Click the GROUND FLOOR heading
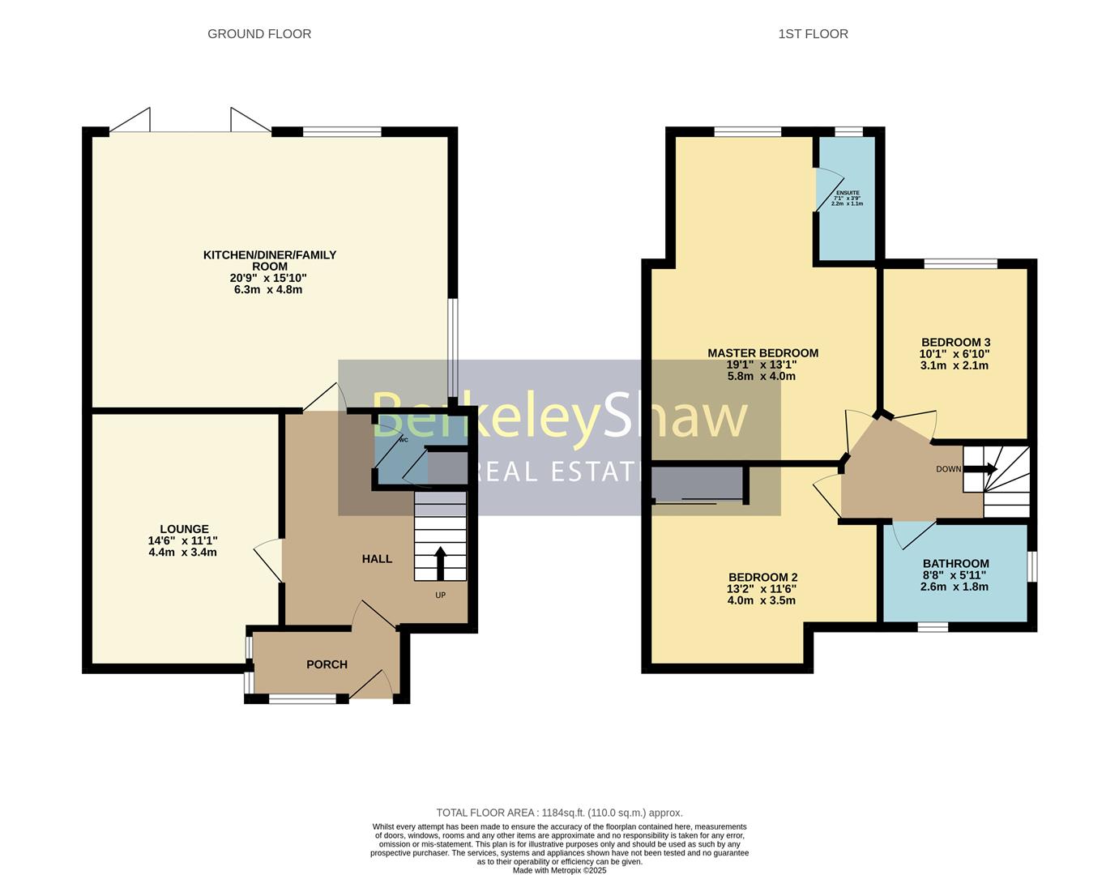259,34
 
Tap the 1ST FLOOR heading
813,34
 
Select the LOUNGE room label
184,529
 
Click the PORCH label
327,664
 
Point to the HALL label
377,559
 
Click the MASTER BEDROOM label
762,353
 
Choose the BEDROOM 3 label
955,343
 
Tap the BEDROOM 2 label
762,578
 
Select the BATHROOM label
955,564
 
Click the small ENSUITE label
848,193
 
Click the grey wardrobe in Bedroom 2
698,484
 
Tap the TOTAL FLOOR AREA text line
559,813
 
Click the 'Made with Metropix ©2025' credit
559,870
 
